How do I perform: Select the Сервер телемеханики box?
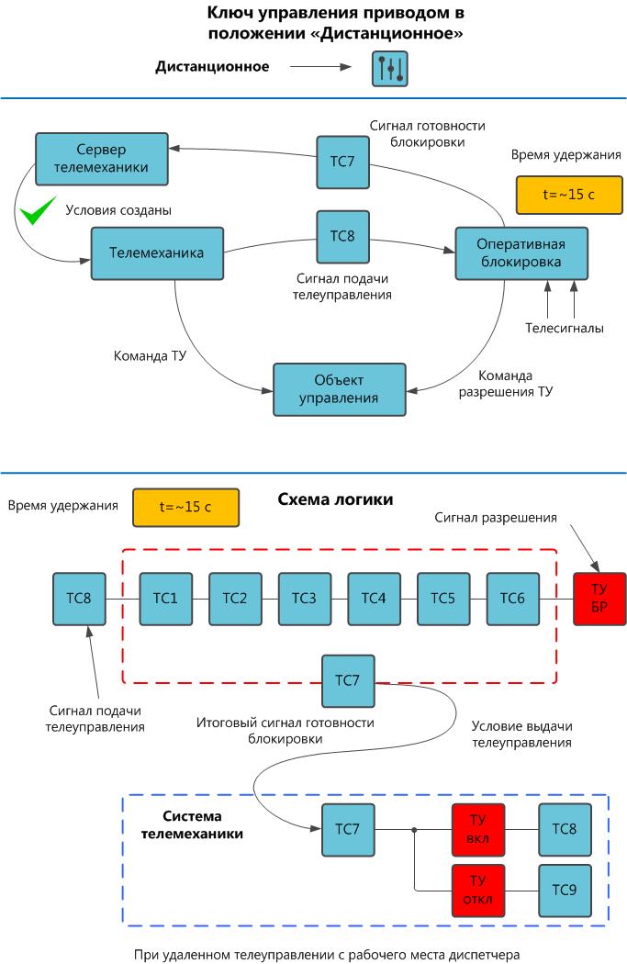(x=101, y=158)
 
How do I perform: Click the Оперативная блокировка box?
(x=521, y=252)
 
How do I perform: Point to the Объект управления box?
(x=339, y=389)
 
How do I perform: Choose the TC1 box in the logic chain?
(x=166, y=599)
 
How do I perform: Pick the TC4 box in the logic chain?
(x=375, y=599)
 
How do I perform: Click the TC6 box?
(x=513, y=599)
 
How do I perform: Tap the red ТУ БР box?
(x=599, y=599)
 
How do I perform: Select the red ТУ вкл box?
(x=478, y=829)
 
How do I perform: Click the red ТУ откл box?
(x=478, y=891)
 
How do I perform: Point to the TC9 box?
(x=565, y=891)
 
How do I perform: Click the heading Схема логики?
(x=335, y=500)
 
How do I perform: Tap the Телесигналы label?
(x=565, y=328)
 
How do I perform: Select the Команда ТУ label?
(x=151, y=355)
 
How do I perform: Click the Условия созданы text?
(x=118, y=210)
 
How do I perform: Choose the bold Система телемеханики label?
(x=203, y=824)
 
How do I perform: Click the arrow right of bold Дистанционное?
(x=320, y=67)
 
